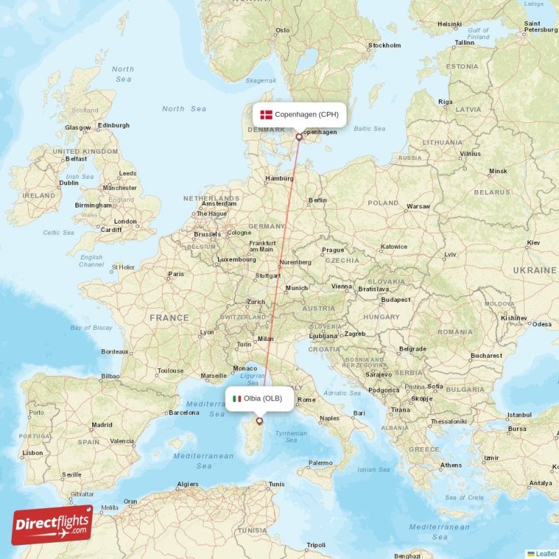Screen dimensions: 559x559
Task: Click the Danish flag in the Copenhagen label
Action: click(x=266, y=115)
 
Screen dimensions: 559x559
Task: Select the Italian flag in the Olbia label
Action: click(x=237, y=398)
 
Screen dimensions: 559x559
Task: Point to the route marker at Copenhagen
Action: click(x=300, y=137)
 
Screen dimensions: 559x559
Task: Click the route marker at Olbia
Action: click(x=260, y=421)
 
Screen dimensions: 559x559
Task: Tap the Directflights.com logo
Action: click(x=52, y=524)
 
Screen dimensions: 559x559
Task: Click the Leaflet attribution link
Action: click(x=545, y=553)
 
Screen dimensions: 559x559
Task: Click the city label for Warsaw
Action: click(x=418, y=207)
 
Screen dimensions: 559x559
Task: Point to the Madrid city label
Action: click(x=102, y=424)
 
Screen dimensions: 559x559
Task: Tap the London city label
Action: click(x=126, y=222)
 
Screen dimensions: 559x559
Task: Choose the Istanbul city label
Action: click(x=519, y=415)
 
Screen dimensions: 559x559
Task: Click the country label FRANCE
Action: click(x=168, y=318)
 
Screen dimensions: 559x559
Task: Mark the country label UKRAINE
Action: click(x=534, y=270)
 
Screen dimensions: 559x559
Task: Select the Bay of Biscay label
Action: click(x=91, y=328)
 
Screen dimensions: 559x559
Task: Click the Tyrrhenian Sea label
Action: click(x=291, y=437)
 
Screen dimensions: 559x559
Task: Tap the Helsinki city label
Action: click(x=449, y=24)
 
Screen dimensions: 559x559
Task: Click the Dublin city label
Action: click(x=69, y=182)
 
